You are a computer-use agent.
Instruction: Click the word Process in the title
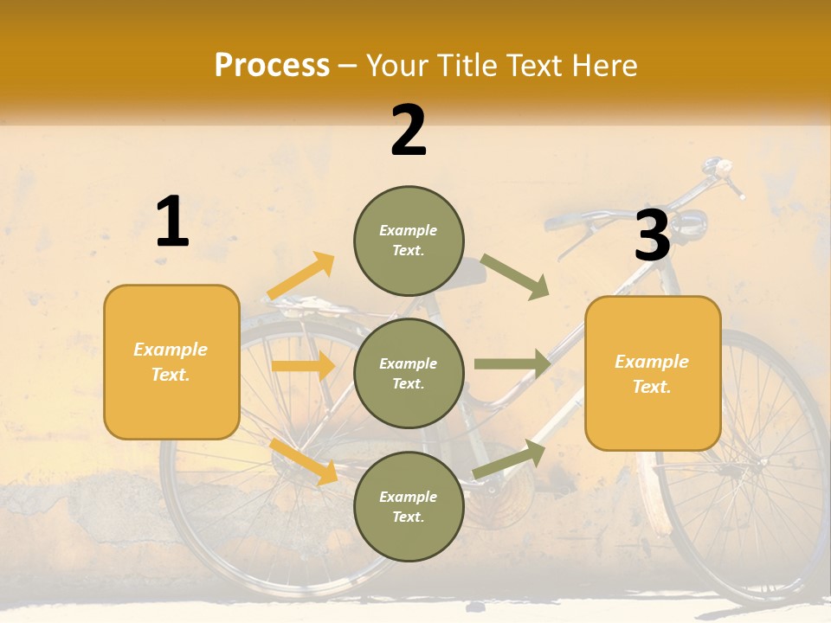[x=272, y=66]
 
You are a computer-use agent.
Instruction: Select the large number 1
[x=172, y=222]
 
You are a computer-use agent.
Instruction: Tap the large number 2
[x=409, y=131]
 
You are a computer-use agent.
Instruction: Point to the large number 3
[x=652, y=235]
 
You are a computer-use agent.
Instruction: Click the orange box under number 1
[x=171, y=362]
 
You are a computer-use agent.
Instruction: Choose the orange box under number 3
[x=653, y=373]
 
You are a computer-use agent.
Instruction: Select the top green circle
[x=409, y=241]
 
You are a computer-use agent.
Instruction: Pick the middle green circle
[x=409, y=373]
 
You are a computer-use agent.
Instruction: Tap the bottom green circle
[x=409, y=506]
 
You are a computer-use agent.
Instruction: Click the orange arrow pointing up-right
[x=301, y=276]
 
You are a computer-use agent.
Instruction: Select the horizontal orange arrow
[x=303, y=366]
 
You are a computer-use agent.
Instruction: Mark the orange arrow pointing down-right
[x=304, y=461]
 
